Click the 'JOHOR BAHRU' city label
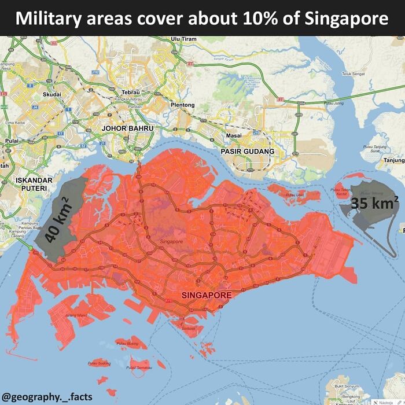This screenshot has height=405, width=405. coord(127,127)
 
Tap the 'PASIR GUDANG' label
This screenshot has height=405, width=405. coord(248,151)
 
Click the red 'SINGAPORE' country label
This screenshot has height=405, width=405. coord(207,295)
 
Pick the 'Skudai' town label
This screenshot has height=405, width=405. coord(51,94)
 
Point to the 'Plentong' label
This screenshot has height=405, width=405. coord(183,105)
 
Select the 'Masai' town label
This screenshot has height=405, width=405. coord(234,135)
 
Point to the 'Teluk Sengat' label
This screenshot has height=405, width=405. coord(353,74)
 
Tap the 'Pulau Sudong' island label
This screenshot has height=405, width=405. coord(99,363)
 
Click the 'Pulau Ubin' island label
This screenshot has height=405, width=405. coord(295,195)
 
